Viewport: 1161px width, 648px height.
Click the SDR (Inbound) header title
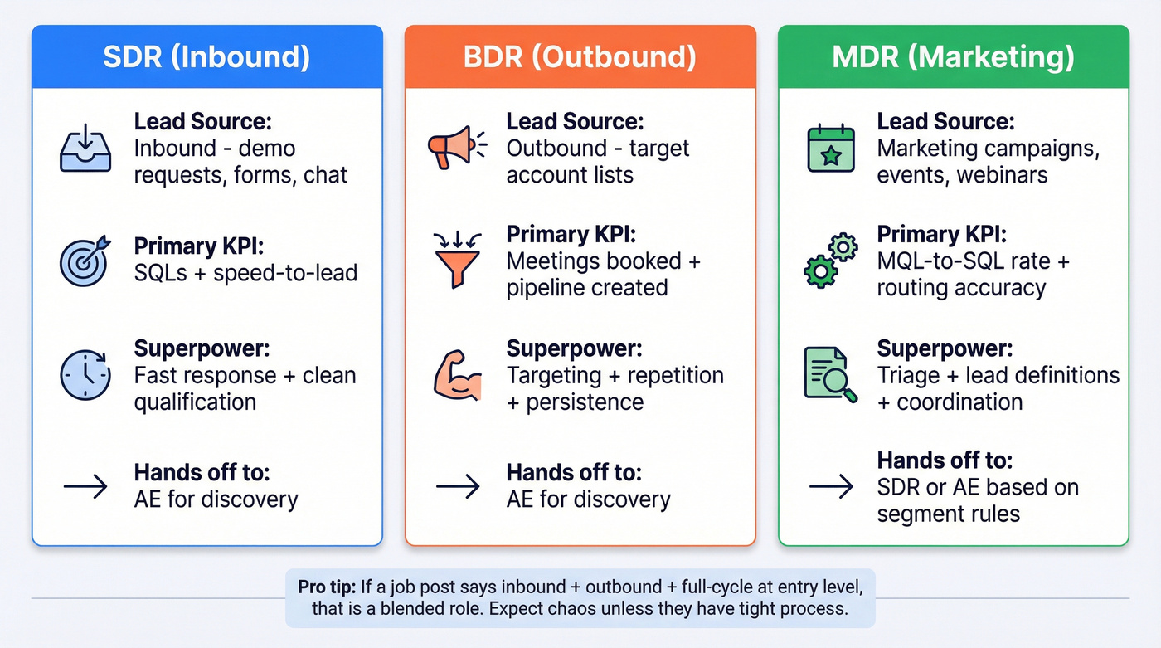[206, 57]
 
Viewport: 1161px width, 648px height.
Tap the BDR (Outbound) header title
[580, 57]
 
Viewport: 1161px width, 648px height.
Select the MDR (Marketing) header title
[954, 57]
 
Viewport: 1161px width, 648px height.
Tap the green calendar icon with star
[831, 149]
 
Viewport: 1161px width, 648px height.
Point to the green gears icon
[830, 261]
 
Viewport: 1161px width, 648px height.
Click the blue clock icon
[85, 375]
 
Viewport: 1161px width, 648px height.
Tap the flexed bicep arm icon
[457, 375]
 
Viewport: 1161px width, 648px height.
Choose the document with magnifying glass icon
[830, 375]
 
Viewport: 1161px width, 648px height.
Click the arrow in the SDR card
[85, 486]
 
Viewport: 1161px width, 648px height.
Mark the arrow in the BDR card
[458, 486]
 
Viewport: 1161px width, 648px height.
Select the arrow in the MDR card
[831, 486]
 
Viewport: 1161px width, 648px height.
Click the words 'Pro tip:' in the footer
[327, 587]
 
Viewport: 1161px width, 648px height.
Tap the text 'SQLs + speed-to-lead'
[245, 273]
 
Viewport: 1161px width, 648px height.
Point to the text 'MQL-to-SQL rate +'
[973, 261]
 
